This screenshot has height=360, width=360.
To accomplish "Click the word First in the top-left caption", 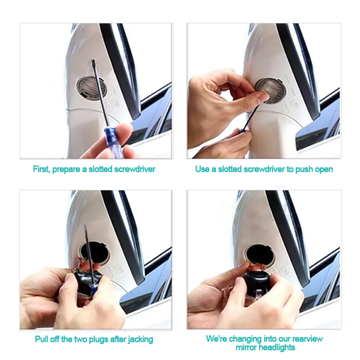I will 41,169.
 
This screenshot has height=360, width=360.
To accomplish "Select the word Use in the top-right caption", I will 202,169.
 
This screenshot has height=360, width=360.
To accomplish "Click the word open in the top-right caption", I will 323,169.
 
